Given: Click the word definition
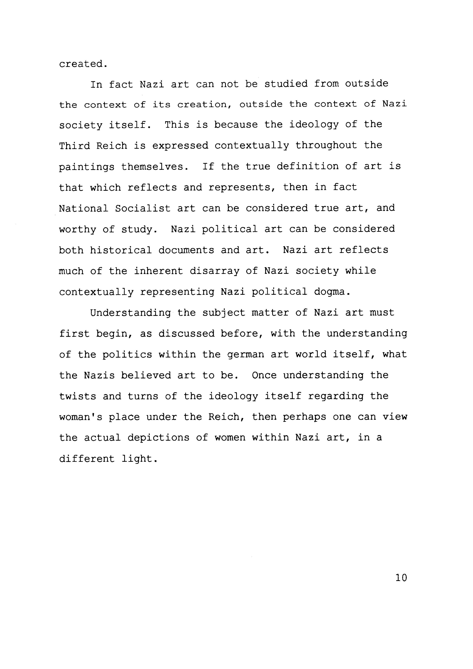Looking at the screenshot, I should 308,166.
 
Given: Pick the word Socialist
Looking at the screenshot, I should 143,208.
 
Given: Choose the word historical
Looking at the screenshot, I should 121,250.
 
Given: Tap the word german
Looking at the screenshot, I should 245,355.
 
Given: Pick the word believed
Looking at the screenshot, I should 146,375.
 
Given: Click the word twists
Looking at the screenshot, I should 77,396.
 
